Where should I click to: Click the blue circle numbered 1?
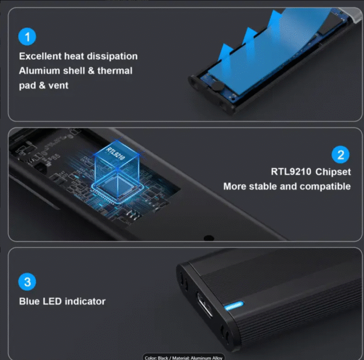click(x=27, y=36)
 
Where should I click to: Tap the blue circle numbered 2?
click(x=340, y=155)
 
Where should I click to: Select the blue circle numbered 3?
click(x=27, y=282)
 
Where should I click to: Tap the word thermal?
click(x=115, y=71)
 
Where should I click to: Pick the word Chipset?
click(x=333, y=172)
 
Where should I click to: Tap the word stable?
click(x=263, y=187)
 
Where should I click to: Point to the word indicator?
click(x=85, y=301)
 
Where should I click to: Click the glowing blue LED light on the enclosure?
click(x=234, y=306)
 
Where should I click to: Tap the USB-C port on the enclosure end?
click(x=204, y=304)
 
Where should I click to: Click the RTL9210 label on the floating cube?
click(x=116, y=153)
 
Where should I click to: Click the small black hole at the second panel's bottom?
click(x=209, y=238)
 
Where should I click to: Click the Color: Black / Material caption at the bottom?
click(x=183, y=358)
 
